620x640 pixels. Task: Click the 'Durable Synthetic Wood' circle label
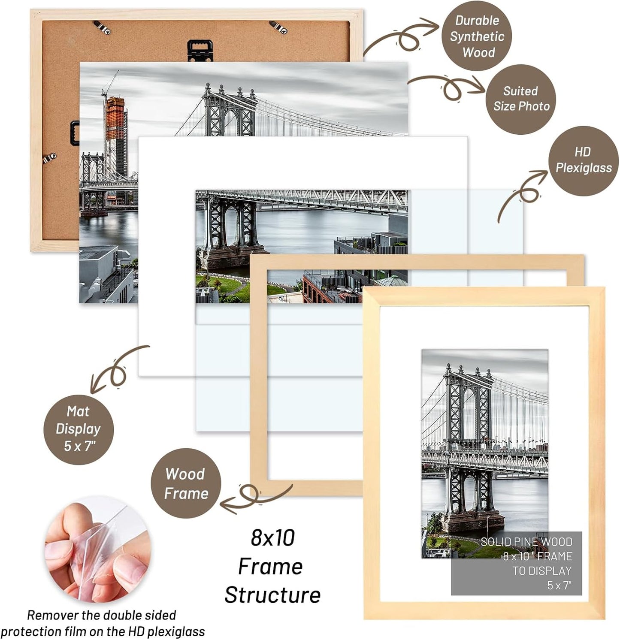(x=477, y=36)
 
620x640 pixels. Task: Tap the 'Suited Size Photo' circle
(x=520, y=99)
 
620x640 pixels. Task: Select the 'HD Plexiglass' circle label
(x=583, y=160)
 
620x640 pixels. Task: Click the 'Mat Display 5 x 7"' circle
(x=79, y=429)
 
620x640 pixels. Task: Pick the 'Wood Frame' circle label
(x=186, y=483)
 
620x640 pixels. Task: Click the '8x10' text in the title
(x=273, y=537)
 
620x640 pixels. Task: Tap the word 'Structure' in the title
(x=272, y=595)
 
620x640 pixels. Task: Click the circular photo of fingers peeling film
(x=98, y=550)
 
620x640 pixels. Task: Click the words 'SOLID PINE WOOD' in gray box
(x=526, y=542)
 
